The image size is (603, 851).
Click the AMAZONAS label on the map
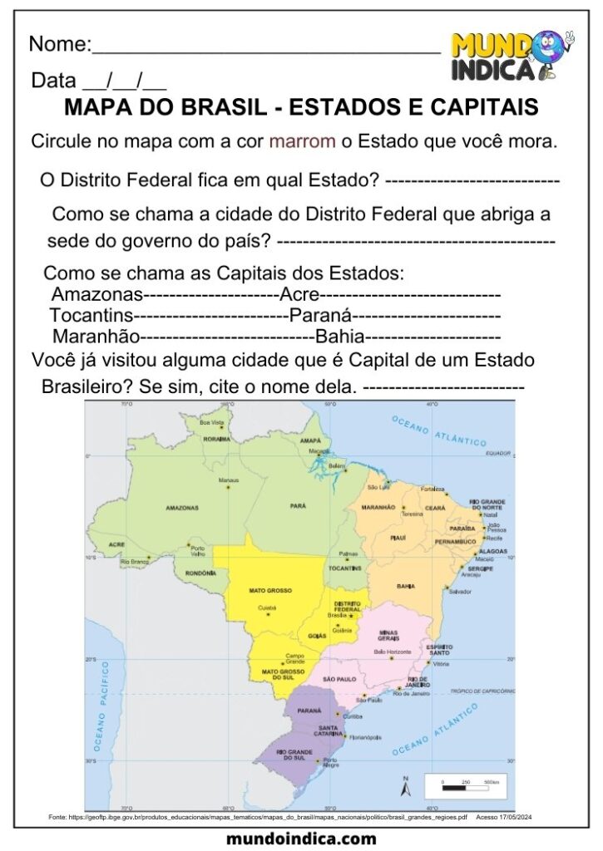(x=182, y=508)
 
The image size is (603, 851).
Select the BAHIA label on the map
(x=406, y=587)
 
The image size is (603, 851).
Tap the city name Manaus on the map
(x=229, y=480)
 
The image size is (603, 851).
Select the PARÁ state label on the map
(x=298, y=505)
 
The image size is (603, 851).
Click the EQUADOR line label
(x=497, y=453)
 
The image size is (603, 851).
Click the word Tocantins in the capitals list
(x=91, y=317)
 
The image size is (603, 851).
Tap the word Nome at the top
(x=58, y=45)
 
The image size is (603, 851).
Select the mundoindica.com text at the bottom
(x=301, y=839)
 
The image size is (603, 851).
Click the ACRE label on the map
(x=116, y=545)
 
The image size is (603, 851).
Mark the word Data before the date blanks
(x=53, y=81)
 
